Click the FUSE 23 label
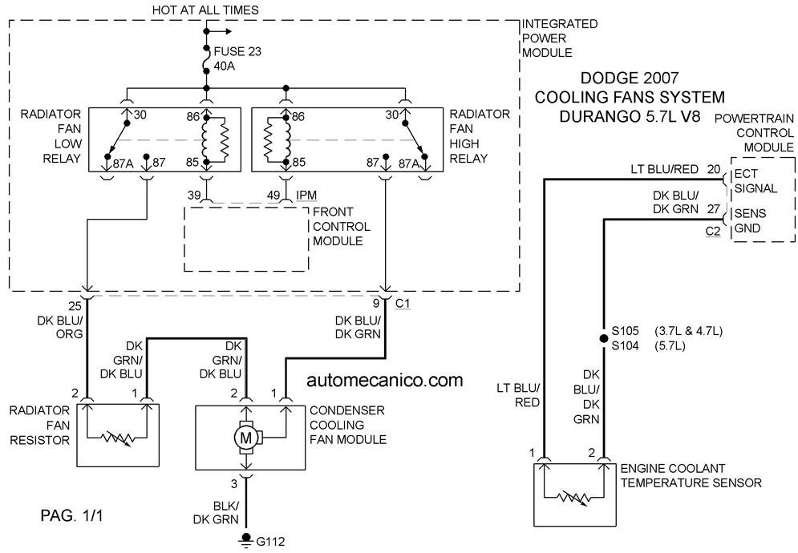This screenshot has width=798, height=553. [237, 51]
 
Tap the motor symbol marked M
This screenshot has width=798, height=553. [246, 437]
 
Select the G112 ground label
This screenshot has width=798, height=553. [270, 541]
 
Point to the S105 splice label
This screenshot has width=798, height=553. [625, 331]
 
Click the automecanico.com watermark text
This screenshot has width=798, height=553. [385, 380]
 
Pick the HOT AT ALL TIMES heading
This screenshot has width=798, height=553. [205, 10]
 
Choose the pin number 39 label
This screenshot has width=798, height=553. [194, 196]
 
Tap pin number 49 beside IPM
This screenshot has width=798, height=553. [273, 196]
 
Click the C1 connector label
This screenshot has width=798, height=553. [403, 304]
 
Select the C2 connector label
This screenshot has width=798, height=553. [713, 231]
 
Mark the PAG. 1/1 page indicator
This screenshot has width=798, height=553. [71, 515]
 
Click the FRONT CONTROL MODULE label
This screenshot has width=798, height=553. [342, 226]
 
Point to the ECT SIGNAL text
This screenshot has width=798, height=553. [755, 181]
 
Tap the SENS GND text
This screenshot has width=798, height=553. [750, 220]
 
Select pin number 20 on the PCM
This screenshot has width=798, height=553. [714, 169]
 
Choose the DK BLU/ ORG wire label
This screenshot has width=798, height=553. [60, 327]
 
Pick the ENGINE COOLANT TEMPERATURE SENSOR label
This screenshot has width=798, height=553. [691, 476]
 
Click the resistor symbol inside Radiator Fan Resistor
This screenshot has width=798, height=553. [117, 438]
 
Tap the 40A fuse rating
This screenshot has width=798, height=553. [225, 66]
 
